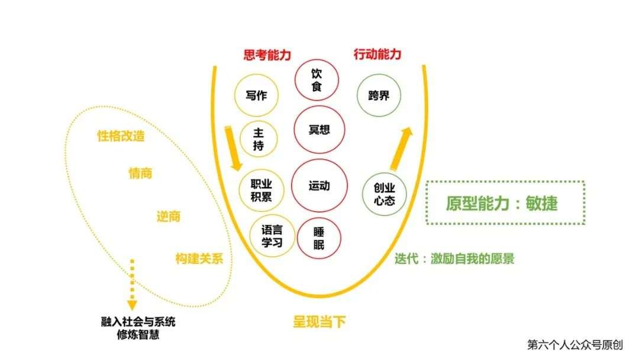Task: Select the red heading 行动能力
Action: [377, 54]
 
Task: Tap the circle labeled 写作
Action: [256, 95]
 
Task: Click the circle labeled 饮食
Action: [317, 79]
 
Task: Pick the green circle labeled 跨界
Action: [379, 95]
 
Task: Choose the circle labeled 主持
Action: [258, 139]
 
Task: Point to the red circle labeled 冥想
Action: [319, 130]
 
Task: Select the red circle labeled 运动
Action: [319, 186]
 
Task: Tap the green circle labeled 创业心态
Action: [384, 193]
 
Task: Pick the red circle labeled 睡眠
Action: [319, 238]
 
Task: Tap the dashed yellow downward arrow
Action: [132, 284]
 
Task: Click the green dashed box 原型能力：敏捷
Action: [505, 203]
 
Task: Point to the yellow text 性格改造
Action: [121, 135]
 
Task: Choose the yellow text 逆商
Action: [168, 216]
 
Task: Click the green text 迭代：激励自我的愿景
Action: [454, 259]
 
